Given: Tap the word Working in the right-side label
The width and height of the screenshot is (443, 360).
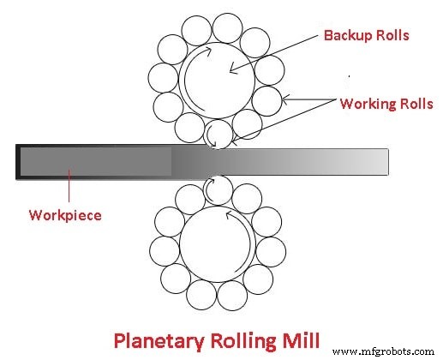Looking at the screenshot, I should (366, 105).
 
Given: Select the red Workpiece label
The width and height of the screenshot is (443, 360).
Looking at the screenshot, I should (63, 215).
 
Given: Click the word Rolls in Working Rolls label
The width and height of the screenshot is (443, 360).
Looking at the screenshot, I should (412, 105).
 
